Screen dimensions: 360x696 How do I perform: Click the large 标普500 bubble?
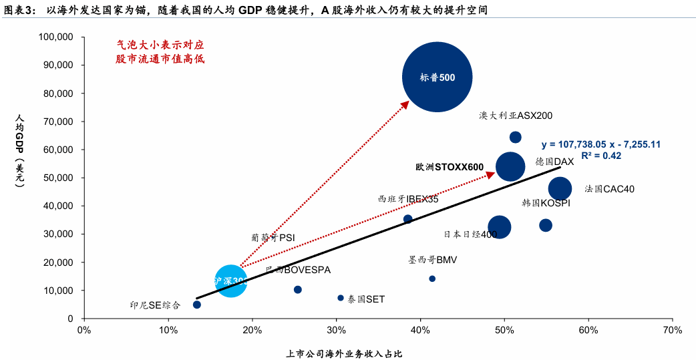tap(438, 77)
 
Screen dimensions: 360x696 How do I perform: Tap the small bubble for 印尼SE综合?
tap(197, 305)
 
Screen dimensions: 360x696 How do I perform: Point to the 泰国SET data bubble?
tap(341, 298)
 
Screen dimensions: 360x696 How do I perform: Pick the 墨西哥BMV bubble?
tap(432, 279)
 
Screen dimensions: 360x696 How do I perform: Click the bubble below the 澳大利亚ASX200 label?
tap(516, 138)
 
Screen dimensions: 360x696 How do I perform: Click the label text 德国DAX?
tap(554, 162)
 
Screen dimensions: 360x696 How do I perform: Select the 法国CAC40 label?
tap(609, 189)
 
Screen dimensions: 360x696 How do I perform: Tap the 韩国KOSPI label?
tap(546, 203)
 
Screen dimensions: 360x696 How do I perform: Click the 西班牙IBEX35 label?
tap(408, 199)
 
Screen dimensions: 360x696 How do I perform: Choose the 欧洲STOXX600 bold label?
tap(450, 167)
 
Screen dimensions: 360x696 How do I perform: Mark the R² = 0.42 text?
tap(601, 156)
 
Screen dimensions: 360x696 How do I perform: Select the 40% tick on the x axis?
tap(420, 330)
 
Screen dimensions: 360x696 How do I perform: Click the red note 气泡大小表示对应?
tap(160, 45)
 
